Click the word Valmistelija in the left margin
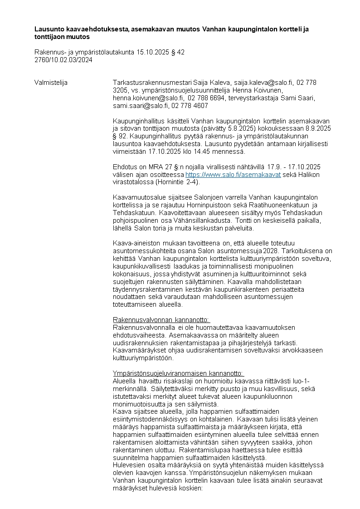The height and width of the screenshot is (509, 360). (x=51, y=83)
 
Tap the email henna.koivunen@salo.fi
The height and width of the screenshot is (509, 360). (x=148, y=98)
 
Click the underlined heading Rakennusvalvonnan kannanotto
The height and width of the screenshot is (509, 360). (x=161, y=320)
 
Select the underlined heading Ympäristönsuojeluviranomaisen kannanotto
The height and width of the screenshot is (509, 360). (x=178, y=373)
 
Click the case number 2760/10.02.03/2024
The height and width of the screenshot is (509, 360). (x=63, y=59)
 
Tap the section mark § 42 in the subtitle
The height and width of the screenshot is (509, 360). (x=176, y=52)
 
